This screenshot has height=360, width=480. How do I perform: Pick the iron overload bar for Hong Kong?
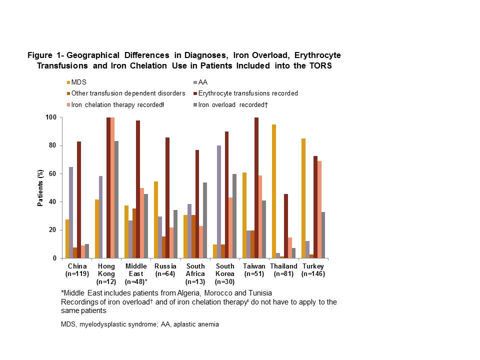[x=116, y=199]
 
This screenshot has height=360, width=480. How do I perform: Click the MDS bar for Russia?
[x=156, y=220]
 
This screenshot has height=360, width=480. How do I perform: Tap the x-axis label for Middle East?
[x=136, y=270]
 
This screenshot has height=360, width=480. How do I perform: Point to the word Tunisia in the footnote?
[x=258, y=292]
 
